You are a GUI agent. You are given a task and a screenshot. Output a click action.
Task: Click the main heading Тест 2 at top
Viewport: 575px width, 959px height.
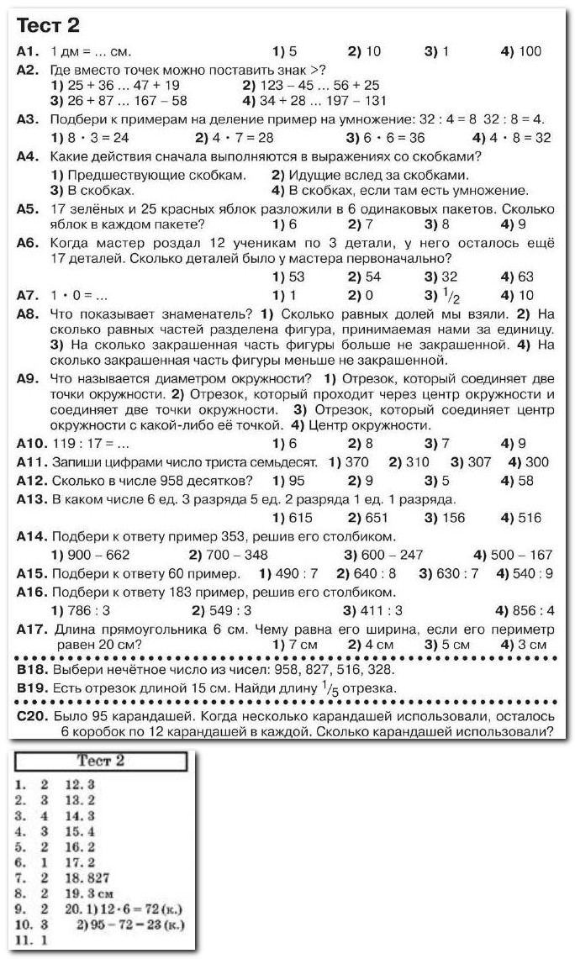pyautogui.click(x=55, y=25)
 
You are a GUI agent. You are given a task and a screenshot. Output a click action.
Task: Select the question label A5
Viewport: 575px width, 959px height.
pyautogui.click(x=29, y=208)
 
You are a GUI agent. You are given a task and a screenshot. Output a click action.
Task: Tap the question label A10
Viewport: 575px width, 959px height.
pyautogui.click(x=32, y=443)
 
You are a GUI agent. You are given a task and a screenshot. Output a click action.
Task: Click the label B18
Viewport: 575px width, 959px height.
pyautogui.click(x=33, y=670)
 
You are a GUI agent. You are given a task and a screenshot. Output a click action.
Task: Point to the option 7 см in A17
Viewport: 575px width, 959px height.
pyautogui.click(x=292, y=645)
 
